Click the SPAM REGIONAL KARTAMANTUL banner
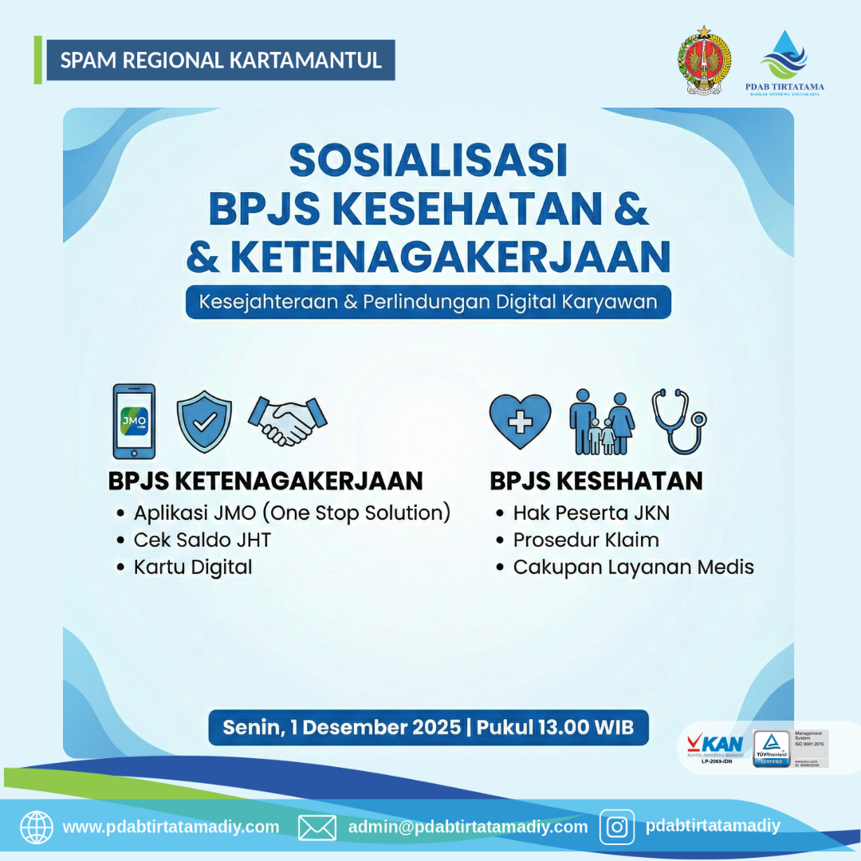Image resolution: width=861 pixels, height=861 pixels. [x=220, y=61]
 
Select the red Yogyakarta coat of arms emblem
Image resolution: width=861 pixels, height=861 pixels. [x=704, y=61]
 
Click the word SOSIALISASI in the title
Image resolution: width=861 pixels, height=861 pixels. [x=428, y=160]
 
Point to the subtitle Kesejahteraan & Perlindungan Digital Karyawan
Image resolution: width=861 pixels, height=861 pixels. [x=428, y=303]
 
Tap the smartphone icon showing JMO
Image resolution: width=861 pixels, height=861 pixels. [x=134, y=422]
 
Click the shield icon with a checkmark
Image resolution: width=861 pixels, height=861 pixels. [x=204, y=422]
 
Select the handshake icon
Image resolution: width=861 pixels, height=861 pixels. [x=288, y=421]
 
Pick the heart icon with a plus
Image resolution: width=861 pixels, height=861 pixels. [x=520, y=420]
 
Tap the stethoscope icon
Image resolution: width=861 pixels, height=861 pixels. [x=677, y=420]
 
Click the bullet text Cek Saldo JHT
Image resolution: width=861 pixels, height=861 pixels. [x=202, y=540]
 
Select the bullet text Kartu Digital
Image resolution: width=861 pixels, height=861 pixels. [x=193, y=567]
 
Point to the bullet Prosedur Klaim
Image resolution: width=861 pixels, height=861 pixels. [x=586, y=540]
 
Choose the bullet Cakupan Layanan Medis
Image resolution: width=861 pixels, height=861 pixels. [x=633, y=567]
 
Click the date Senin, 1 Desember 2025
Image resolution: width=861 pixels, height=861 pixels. [x=341, y=727]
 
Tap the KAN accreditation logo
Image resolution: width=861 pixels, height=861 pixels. [x=714, y=749]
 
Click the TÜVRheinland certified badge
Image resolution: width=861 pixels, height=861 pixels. [x=771, y=749]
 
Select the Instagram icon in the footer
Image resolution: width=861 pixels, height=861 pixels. [x=616, y=827]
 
